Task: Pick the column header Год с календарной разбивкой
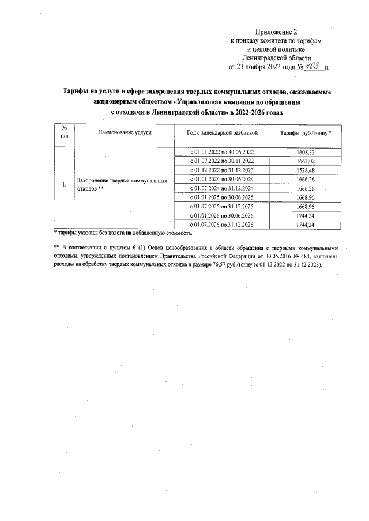[222, 133]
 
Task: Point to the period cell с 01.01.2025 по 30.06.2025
[222, 197]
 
